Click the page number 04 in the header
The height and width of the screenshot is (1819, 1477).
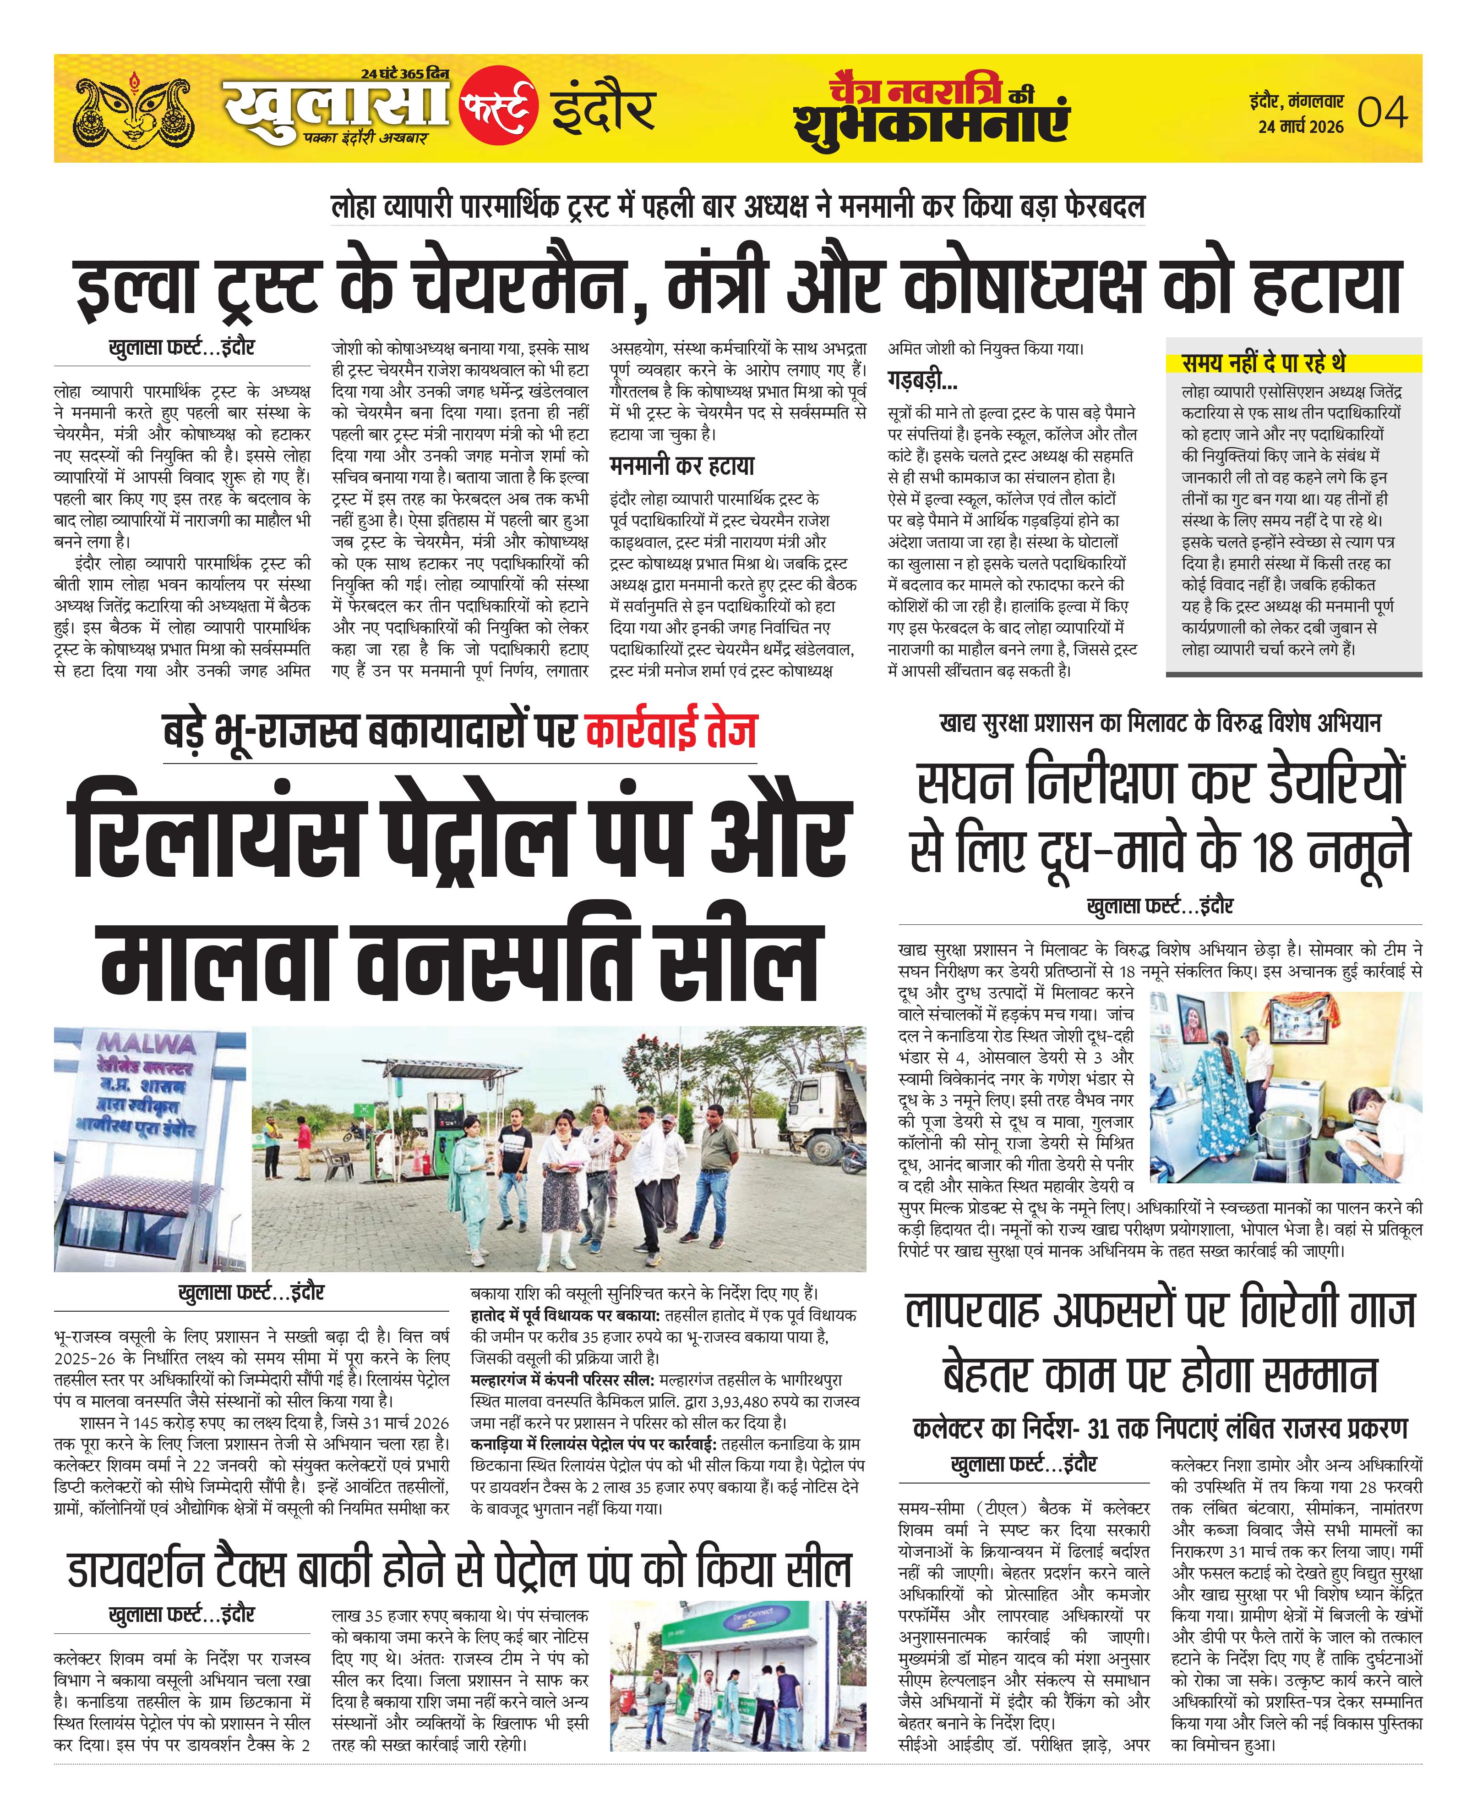coord(1383,112)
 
